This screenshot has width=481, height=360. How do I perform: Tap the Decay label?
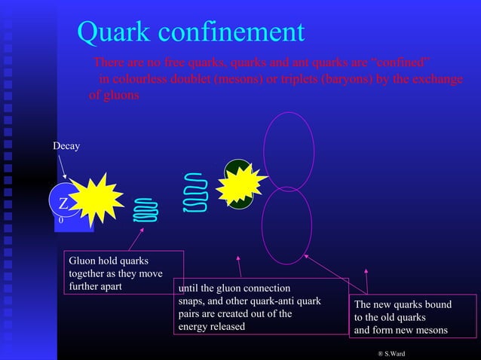click(66, 145)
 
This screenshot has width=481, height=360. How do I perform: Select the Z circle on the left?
click(63, 203)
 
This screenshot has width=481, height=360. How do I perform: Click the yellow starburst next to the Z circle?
click(96, 200)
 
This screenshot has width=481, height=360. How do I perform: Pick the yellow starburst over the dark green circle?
click(240, 184)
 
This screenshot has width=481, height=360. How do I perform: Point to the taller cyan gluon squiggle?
click(195, 194)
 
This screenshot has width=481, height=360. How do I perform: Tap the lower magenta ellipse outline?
click(286, 225)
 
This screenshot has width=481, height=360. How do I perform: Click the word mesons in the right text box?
click(428, 330)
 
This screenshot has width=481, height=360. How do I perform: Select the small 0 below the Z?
click(61, 221)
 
